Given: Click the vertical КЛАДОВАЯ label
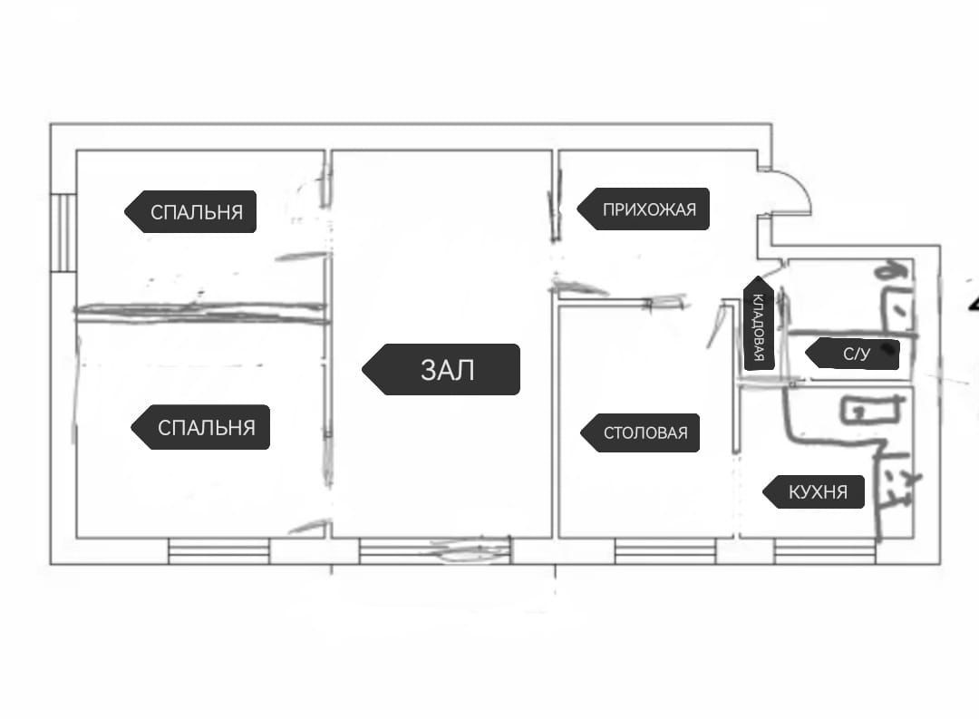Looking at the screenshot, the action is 759,324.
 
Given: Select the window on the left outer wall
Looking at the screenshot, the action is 63,233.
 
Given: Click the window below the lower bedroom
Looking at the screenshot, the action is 218,550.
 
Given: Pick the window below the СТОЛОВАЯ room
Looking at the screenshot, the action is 664,550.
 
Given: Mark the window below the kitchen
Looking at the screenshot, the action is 825,550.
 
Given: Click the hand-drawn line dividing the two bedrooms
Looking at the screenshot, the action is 199,312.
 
